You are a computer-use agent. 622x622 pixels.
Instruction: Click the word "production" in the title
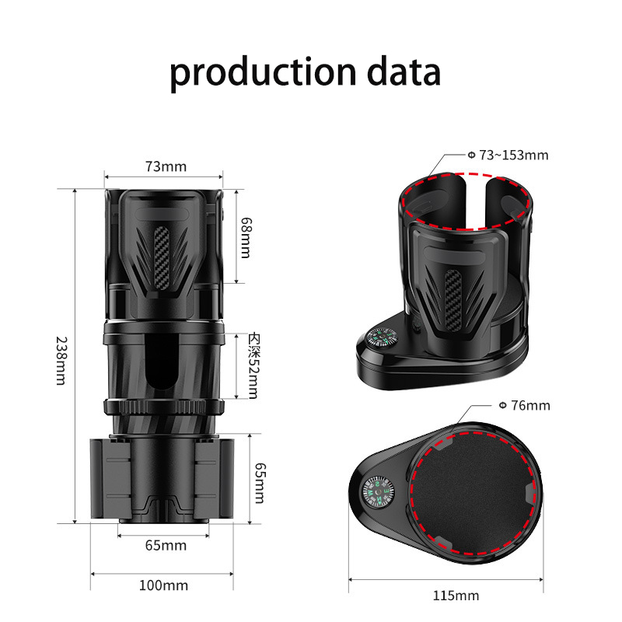point(263,72)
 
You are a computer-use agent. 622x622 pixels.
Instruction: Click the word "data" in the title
point(404,72)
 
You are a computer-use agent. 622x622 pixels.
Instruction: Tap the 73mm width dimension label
point(166,166)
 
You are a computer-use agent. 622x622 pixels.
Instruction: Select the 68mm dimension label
point(246,238)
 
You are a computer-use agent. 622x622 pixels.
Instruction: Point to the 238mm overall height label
point(61,361)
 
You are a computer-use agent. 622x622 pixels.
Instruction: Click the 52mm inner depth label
point(253,365)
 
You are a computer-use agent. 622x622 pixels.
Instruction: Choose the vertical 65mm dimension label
point(260,483)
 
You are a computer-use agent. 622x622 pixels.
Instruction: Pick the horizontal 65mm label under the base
point(166,546)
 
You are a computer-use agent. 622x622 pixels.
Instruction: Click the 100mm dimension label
point(163,585)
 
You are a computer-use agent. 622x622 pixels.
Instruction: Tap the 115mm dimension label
point(456,596)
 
